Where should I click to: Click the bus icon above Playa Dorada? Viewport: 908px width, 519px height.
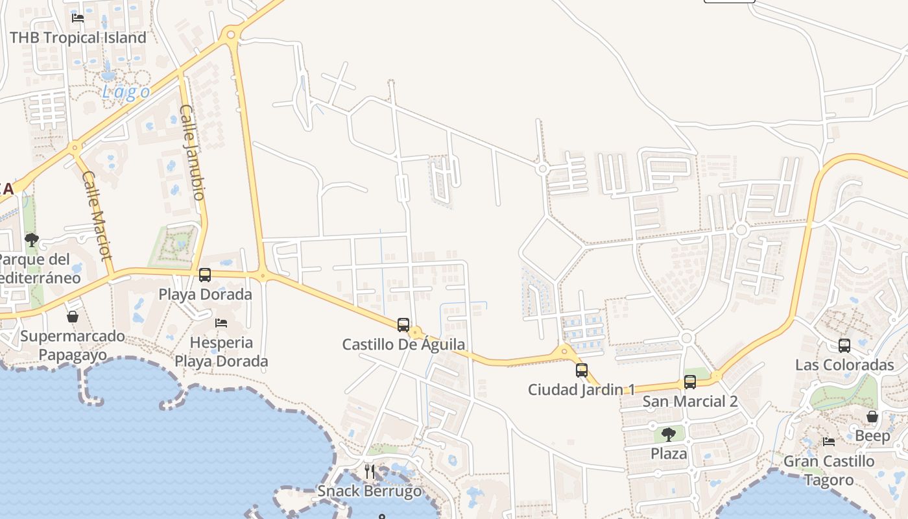[205, 274]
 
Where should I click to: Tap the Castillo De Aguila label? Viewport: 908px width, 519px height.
[403, 344]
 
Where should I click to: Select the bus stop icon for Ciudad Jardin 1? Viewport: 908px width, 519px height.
[582, 370]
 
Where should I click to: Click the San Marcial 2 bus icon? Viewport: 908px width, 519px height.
[690, 382]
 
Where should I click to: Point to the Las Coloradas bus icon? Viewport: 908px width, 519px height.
[844, 346]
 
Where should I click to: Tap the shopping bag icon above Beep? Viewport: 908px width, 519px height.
[872, 416]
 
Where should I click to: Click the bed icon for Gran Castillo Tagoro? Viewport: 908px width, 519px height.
[829, 442]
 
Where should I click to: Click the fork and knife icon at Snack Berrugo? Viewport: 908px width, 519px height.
[370, 472]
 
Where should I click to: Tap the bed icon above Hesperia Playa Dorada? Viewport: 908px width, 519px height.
[221, 322]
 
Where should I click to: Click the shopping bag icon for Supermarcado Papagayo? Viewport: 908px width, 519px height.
[73, 317]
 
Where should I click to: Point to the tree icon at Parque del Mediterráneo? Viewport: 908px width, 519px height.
[31, 240]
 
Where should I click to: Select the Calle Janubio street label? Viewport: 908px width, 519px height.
[193, 152]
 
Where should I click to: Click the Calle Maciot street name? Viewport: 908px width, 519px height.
[98, 215]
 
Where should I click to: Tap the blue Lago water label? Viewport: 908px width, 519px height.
[126, 92]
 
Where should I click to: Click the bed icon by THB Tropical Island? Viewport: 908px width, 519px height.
[78, 18]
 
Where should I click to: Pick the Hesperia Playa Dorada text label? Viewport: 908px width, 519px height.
[221, 352]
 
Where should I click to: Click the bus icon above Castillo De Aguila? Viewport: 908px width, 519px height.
[403, 324]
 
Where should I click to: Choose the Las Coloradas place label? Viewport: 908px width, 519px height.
[844, 365]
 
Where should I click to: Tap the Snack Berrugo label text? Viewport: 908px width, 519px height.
[369, 491]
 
